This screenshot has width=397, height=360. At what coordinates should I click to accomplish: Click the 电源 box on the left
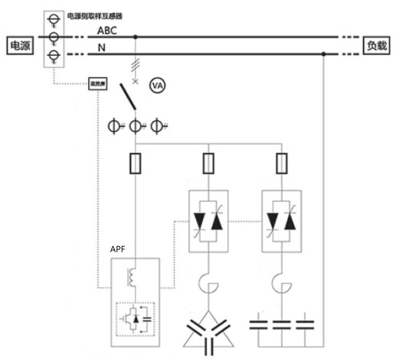point(20,46)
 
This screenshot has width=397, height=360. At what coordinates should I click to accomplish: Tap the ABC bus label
point(107,31)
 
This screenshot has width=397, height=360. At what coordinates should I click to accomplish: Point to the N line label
point(103,49)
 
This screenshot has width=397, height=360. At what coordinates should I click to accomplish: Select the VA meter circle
point(157,86)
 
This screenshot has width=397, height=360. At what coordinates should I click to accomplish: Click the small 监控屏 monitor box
point(97,83)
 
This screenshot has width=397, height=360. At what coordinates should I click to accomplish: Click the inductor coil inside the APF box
point(132,277)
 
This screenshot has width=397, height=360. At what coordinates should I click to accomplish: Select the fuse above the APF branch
point(136,165)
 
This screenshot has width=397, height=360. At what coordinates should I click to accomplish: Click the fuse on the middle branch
point(208,164)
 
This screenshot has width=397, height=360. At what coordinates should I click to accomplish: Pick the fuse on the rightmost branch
point(281,164)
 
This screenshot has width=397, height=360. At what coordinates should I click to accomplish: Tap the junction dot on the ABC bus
point(136,37)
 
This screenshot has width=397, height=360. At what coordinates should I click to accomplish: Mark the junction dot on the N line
point(324,54)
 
